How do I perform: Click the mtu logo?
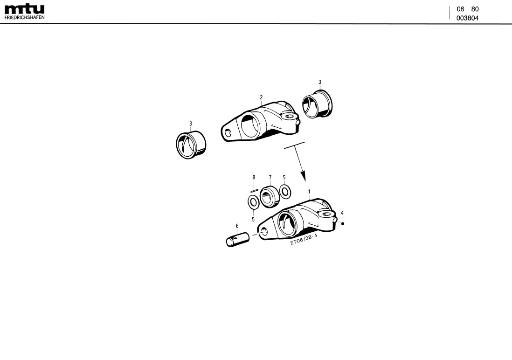point(24,9)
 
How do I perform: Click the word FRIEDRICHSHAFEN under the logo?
point(24,17)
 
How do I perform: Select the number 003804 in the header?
point(467,18)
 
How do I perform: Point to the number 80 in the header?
point(475,9)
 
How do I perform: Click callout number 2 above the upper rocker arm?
point(261,97)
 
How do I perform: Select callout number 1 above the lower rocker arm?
point(309,192)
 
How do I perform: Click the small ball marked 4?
point(343,223)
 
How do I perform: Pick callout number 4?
point(342,213)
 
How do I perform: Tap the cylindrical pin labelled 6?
point(238,239)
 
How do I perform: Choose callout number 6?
point(237,226)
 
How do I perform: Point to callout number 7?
point(270,178)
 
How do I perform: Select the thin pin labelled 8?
point(254,189)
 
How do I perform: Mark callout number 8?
point(254,178)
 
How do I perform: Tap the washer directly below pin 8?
point(253,202)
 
